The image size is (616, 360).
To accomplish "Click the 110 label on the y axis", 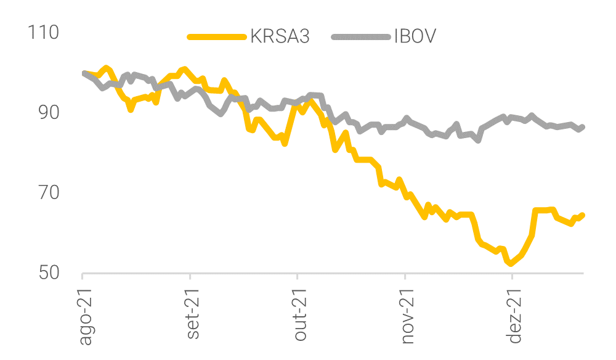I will click(x=44, y=32).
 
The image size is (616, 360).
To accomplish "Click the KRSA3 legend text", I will click(x=280, y=37).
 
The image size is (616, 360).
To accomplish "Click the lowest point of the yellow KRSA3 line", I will click(x=511, y=264).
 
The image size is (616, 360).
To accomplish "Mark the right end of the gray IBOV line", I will click(x=583, y=127).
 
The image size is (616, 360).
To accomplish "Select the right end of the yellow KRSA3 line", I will click(x=583, y=215).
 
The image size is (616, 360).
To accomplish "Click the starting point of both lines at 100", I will click(x=84, y=73).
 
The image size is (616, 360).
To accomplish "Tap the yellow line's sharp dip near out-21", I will click(x=285, y=144).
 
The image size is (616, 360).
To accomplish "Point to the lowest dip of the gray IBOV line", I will click(x=478, y=141).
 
